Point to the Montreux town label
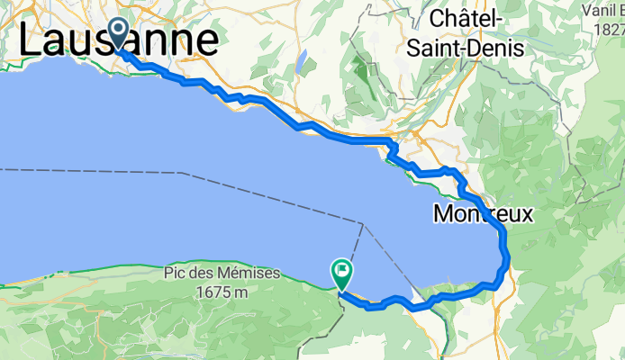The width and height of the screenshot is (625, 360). pos(483,215)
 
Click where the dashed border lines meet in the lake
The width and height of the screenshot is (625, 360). pos(362,224)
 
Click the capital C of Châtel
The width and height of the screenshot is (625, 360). pos(439,19)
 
